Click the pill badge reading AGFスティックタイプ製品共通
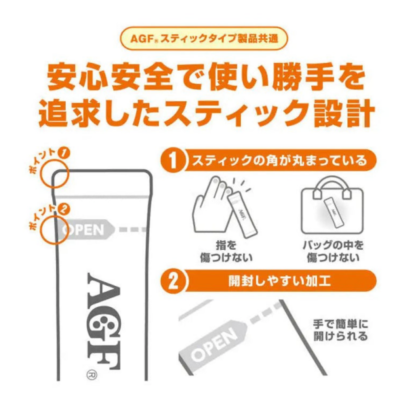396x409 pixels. click(204, 39)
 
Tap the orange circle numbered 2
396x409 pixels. click(173, 281)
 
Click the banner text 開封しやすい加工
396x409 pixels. click(279, 281)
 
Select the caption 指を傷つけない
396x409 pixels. click(226, 252)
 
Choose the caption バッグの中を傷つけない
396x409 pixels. click(333, 252)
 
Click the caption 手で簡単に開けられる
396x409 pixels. click(340, 330)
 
